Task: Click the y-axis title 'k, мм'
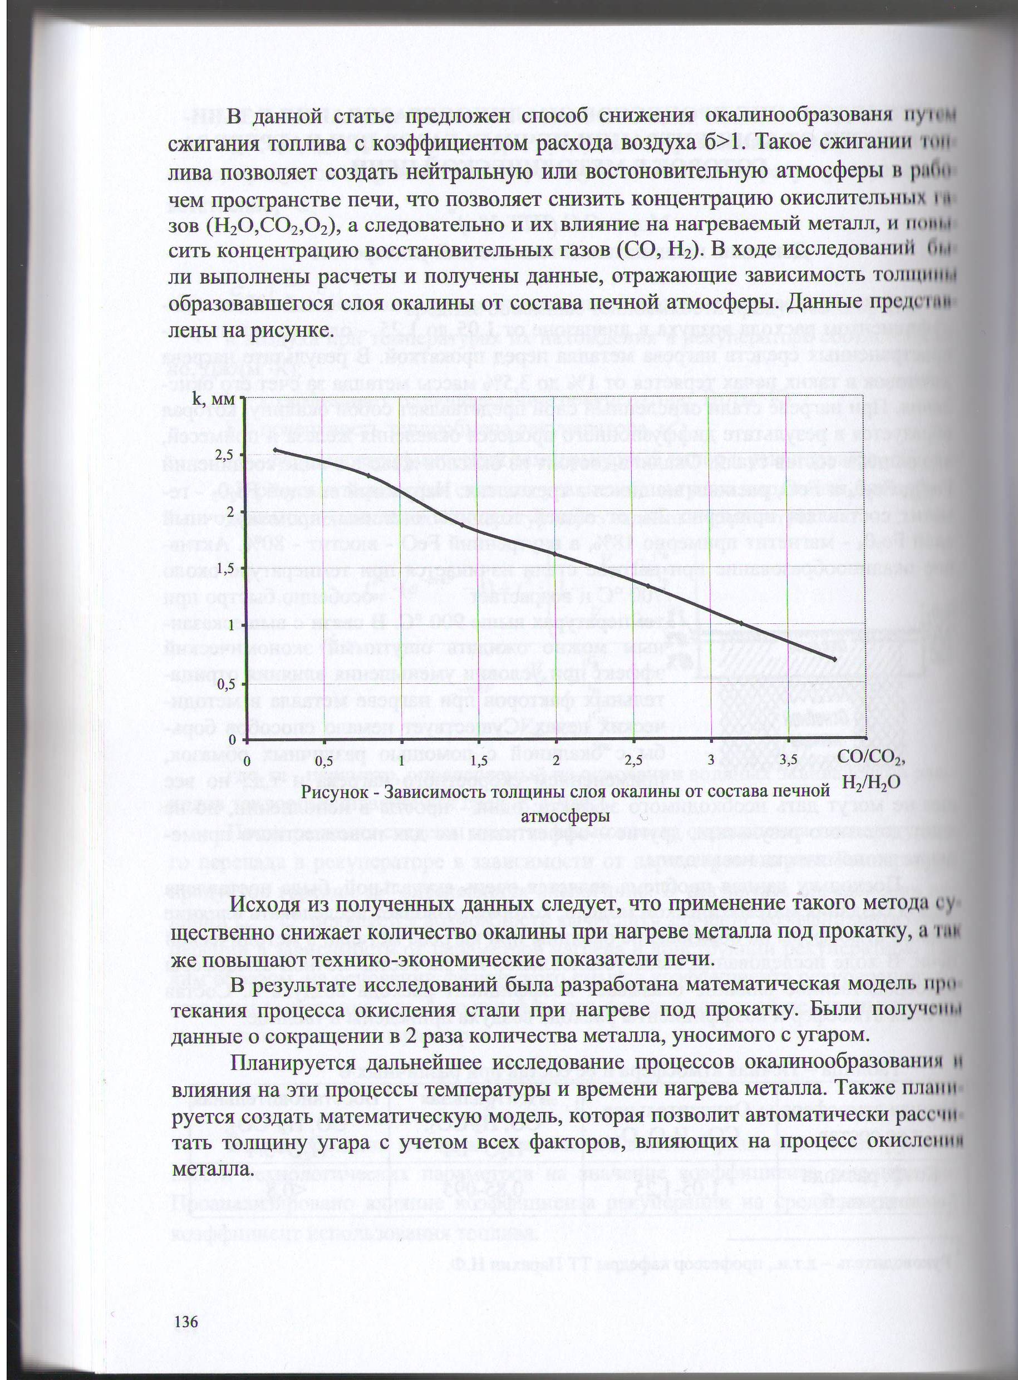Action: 214,400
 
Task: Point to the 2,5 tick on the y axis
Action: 226,455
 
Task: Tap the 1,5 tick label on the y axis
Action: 226,568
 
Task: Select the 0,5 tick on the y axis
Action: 226,683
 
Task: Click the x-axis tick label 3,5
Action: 789,760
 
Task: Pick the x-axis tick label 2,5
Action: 633,760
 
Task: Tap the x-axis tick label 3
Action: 711,760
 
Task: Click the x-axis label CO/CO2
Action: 873,760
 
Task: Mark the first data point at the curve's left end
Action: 275,450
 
